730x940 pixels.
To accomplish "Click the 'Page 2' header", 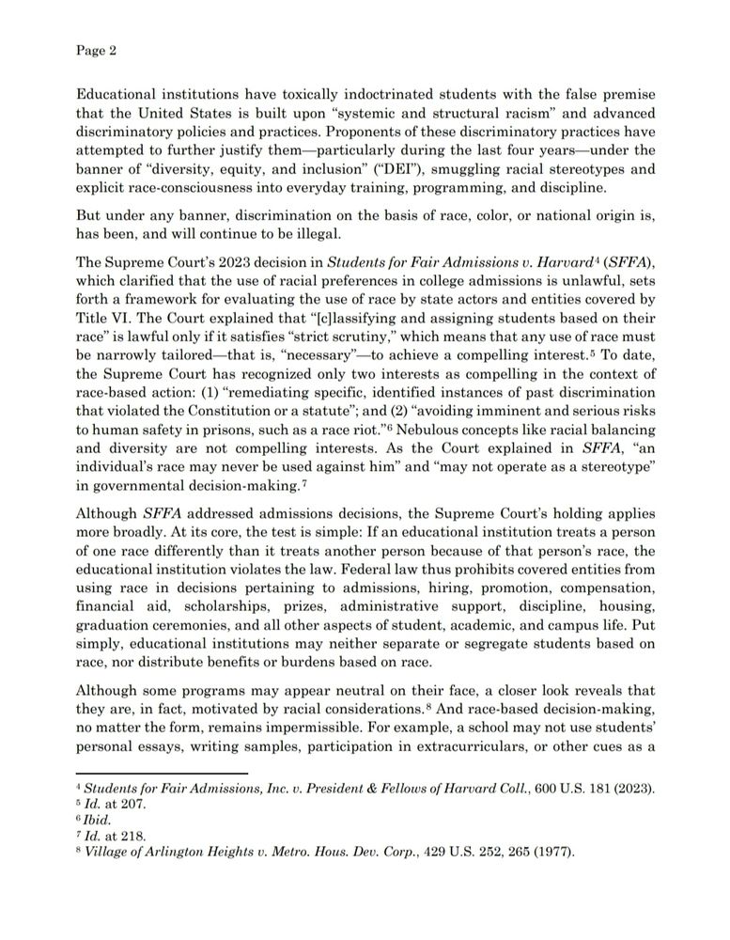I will [x=96, y=52].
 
